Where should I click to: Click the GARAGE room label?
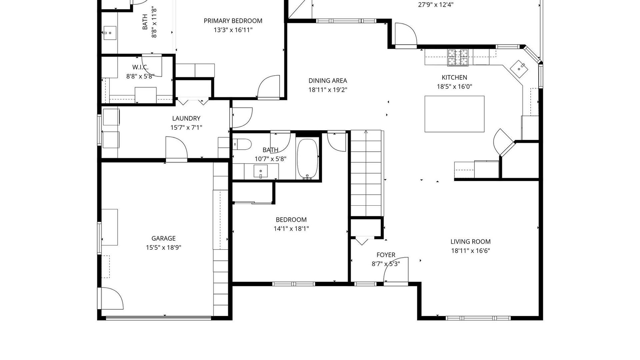tap(163, 238)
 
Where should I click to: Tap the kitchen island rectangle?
tap(454, 114)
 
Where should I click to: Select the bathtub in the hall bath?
tap(308, 159)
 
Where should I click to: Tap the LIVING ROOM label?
tap(471, 242)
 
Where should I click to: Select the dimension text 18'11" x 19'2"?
tap(328, 90)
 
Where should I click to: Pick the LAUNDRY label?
tap(186, 118)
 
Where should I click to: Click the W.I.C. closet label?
tap(140, 67)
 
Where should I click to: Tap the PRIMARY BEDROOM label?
tap(233, 21)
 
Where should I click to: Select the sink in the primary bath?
tap(110, 33)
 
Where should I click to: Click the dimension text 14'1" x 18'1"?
tap(291, 229)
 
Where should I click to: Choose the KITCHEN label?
tap(454, 77)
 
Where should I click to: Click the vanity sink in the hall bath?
tap(260, 171)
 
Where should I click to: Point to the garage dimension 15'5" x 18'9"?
tap(163, 247)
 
